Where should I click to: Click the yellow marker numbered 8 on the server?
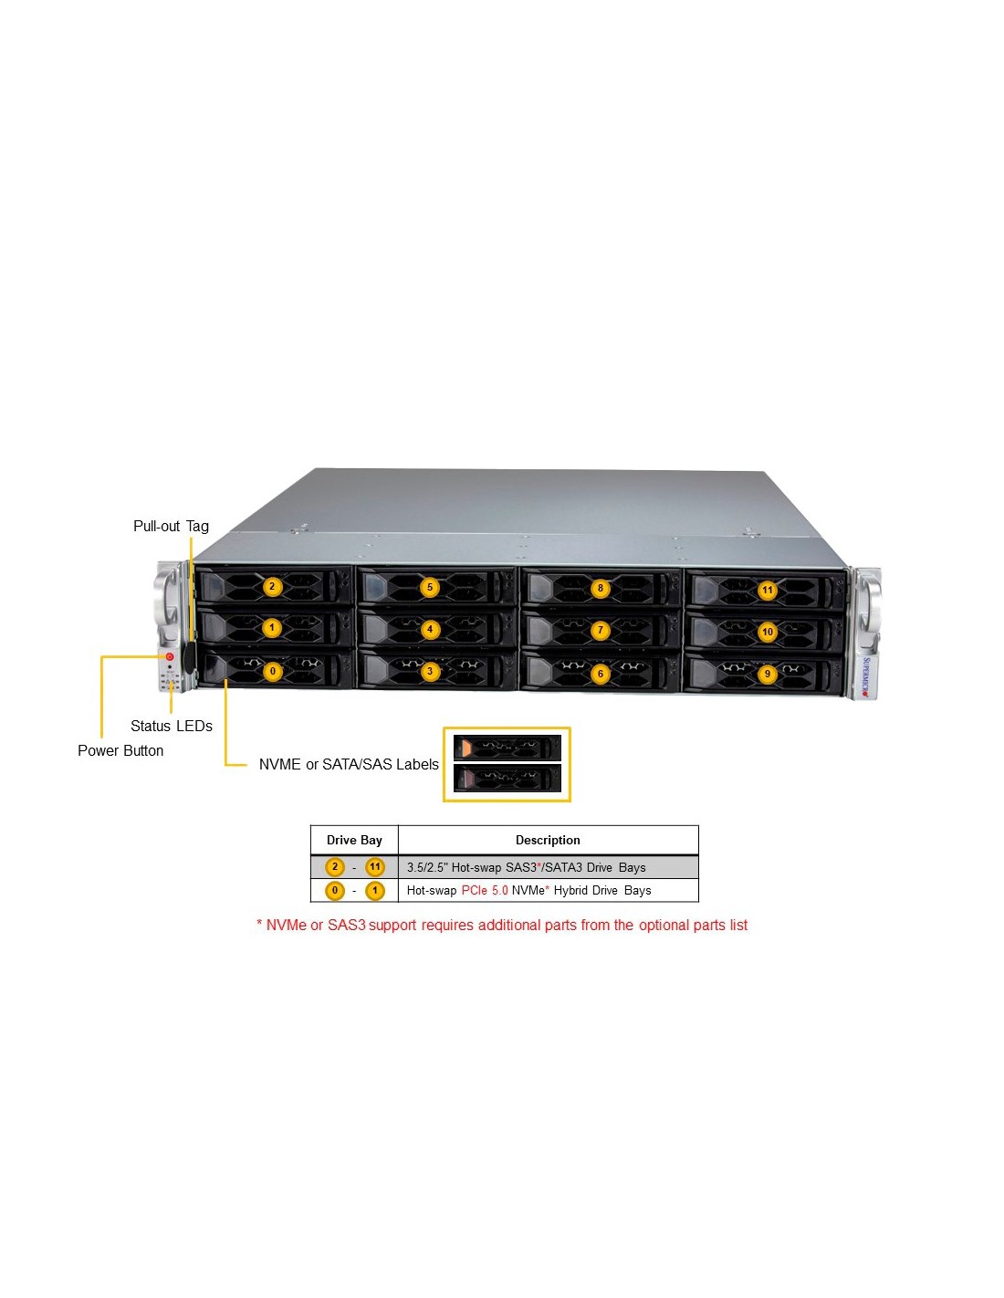point(601,587)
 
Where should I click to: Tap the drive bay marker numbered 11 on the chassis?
point(767,591)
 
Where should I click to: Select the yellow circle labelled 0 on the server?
point(272,671)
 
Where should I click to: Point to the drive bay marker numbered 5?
point(429,587)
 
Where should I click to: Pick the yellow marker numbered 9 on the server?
point(768,674)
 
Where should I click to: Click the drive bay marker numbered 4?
point(430,629)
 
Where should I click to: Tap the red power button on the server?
point(170,656)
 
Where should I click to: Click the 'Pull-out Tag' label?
point(171,526)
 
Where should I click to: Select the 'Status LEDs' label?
point(172,726)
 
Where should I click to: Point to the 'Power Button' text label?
point(120,750)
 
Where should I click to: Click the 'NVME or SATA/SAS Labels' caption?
point(349,764)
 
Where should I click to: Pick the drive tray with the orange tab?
point(507,747)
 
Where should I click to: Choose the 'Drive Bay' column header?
point(354,840)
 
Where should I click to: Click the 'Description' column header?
point(548,840)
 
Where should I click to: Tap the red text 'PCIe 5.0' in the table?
point(485,890)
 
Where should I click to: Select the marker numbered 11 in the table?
point(374,867)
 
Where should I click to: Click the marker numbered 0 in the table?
point(334,890)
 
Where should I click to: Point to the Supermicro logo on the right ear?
point(866,676)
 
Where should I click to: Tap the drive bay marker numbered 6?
point(601,674)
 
